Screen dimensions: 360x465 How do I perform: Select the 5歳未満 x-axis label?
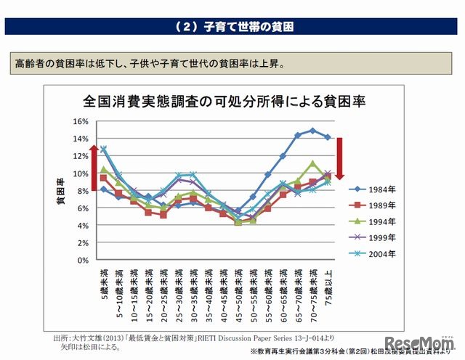(103, 285)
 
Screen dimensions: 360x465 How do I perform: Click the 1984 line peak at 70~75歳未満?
(312, 131)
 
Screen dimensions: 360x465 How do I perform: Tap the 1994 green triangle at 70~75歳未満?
(312, 164)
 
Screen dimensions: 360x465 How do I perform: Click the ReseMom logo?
(420, 343)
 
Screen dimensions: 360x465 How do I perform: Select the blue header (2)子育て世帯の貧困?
(232, 28)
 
